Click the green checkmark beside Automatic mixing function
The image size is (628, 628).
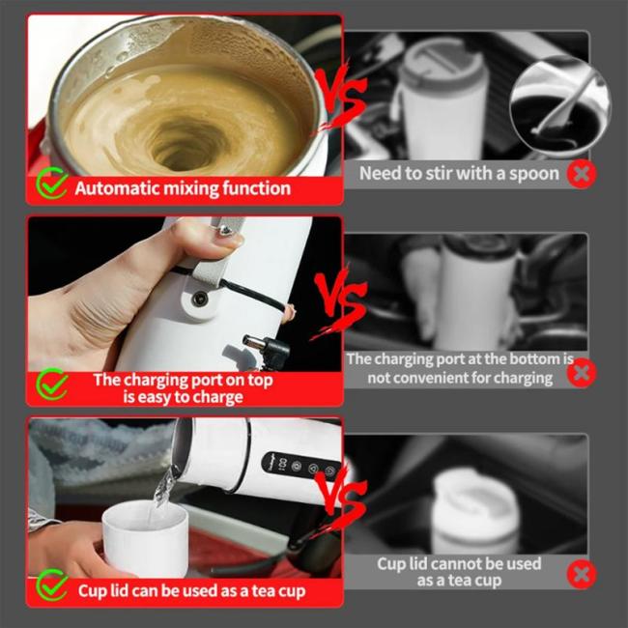pos(51,185)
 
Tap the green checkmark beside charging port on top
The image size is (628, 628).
pos(51,385)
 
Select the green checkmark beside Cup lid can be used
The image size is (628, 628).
pos(51,585)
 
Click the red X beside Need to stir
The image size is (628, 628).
pos(581,174)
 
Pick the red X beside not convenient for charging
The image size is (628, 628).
pos(581,371)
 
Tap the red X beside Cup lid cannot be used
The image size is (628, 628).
pos(581,574)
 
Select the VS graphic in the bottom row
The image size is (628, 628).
pos(338,503)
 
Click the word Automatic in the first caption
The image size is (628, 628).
pos(117,187)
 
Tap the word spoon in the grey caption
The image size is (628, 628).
pos(533,174)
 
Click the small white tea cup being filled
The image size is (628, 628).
pos(145,534)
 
